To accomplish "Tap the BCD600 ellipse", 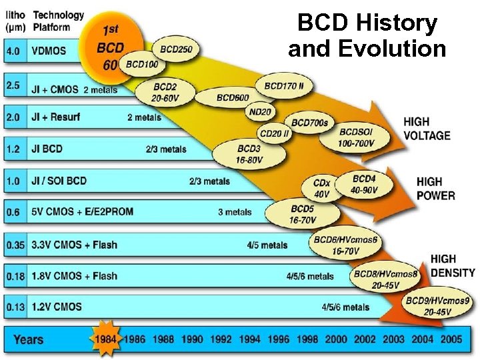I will pos(232,98).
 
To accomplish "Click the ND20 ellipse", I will pos(259,111).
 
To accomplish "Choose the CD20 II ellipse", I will pos(275,133).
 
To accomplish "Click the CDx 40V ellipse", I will pos(321,189).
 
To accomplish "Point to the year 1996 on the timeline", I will pos(279,339).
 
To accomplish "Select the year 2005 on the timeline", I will pos(451,339).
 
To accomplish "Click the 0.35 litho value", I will pos(15,245).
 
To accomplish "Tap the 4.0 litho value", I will pos(13,50).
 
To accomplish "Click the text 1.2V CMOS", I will pos(57,307).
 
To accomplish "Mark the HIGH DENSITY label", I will pos(453,265).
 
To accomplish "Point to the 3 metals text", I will pos(235,212).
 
